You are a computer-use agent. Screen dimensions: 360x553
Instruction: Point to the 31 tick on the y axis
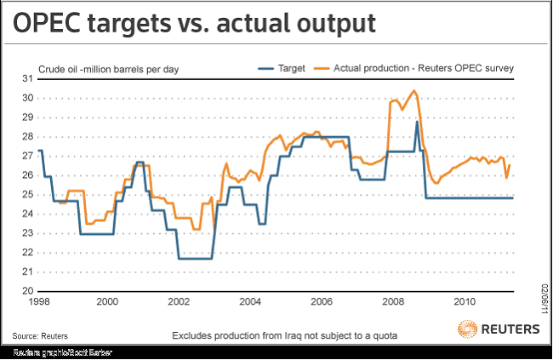point(28,79)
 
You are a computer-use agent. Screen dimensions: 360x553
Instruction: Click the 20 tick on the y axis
point(28,291)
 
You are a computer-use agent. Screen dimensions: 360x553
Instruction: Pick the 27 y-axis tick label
point(28,156)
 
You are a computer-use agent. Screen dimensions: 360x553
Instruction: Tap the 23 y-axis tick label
point(28,233)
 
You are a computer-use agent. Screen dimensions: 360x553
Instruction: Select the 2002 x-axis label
point(179,302)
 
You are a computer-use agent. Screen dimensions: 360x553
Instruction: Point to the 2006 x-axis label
point(320,302)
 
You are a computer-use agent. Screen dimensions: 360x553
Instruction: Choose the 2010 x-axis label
point(464,302)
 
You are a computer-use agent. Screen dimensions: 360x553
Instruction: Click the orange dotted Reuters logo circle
point(468,329)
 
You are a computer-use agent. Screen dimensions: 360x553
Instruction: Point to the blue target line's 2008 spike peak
point(417,122)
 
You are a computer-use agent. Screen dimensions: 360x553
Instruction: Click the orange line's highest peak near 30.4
point(414,90)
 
